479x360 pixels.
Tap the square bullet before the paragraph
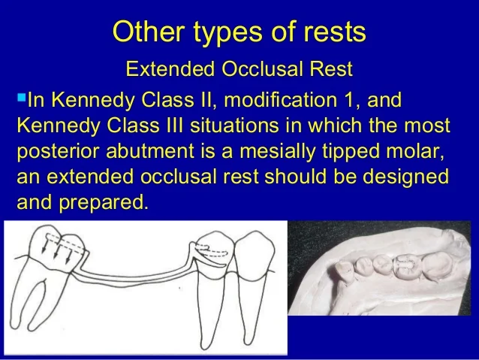[20, 98]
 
